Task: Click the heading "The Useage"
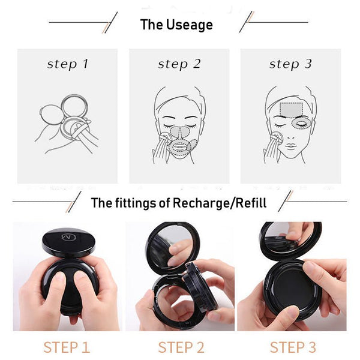point(176,25)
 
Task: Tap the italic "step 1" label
point(68,64)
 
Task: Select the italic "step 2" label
point(179,64)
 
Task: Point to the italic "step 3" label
point(290,64)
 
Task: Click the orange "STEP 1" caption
point(67,347)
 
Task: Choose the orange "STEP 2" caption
point(181,347)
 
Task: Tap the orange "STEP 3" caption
point(293,347)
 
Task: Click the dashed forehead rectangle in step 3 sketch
point(291,109)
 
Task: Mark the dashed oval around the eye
point(301,123)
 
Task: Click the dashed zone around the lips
point(179,148)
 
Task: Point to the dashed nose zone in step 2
point(180,132)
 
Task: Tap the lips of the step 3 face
point(291,146)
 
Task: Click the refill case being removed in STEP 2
point(199,289)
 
